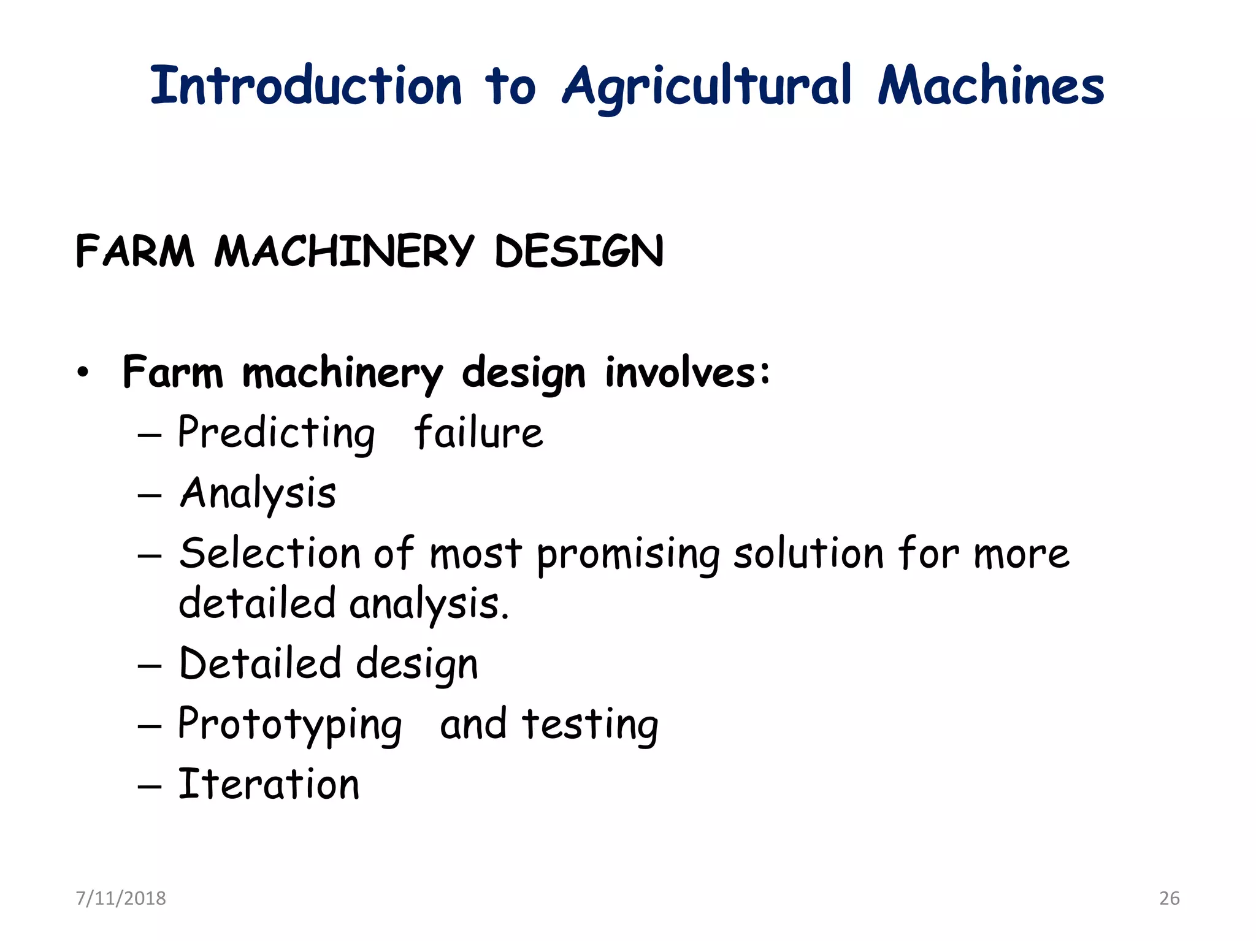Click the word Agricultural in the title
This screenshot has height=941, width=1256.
click(x=707, y=86)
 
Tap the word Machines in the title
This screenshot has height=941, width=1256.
click(x=990, y=86)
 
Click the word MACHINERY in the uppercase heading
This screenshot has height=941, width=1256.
click(x=344, y=251)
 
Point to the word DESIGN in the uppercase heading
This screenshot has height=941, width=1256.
click(x=579, y=251)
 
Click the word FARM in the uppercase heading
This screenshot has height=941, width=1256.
click(x=135, y=251)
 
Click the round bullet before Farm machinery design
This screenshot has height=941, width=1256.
click(x=83, y=372)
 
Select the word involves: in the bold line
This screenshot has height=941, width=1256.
click(x=687, y=372)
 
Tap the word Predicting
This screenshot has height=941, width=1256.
click(x=276, y=433)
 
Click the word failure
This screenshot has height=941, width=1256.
click(x=478, y=433)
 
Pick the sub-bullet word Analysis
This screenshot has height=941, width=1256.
click(x=258, y=493)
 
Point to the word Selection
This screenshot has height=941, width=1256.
click(x=270, y=553)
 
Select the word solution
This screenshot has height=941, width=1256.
click(x=809, y=553)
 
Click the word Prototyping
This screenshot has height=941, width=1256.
click(x=290, y=725)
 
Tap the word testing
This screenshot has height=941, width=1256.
click(x=590, y=725)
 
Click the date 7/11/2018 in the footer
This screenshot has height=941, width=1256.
click(x=121, y=898)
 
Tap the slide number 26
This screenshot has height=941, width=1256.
click(x=1169, y=898)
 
